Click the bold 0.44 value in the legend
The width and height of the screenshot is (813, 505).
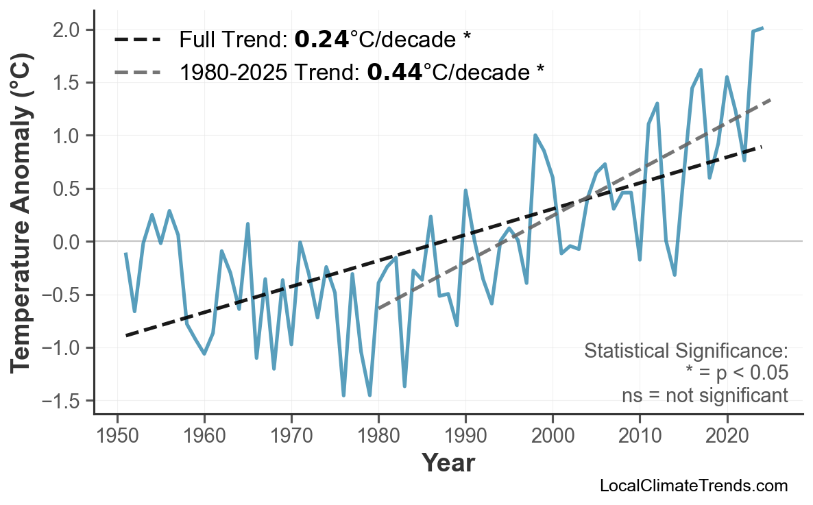click(x=394, y=71)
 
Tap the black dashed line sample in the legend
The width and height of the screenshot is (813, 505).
click(x=136, y=40)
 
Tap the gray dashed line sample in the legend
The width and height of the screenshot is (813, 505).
click(x=136, y=71)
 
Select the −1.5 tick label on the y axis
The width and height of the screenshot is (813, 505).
click(x=67, y=401)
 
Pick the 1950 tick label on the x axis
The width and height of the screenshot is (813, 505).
click(x=117, y=436)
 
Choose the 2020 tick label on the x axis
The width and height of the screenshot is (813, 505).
click(x=727, y=436)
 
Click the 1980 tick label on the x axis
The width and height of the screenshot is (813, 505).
click(x=378, y=436)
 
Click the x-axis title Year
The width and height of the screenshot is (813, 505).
click(x=448, y=464)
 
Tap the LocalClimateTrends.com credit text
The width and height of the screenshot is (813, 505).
click(x=693, y=486)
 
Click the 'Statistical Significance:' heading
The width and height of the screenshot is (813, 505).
click(x=685, y=352)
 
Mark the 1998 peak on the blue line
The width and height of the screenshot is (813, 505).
click(x=535, y=135)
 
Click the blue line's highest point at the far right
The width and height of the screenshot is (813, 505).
click(x=762, y=28)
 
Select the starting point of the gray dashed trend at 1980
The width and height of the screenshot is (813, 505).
click(x=378, y=308)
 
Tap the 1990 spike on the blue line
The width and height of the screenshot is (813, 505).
click(x=465, y=190)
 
